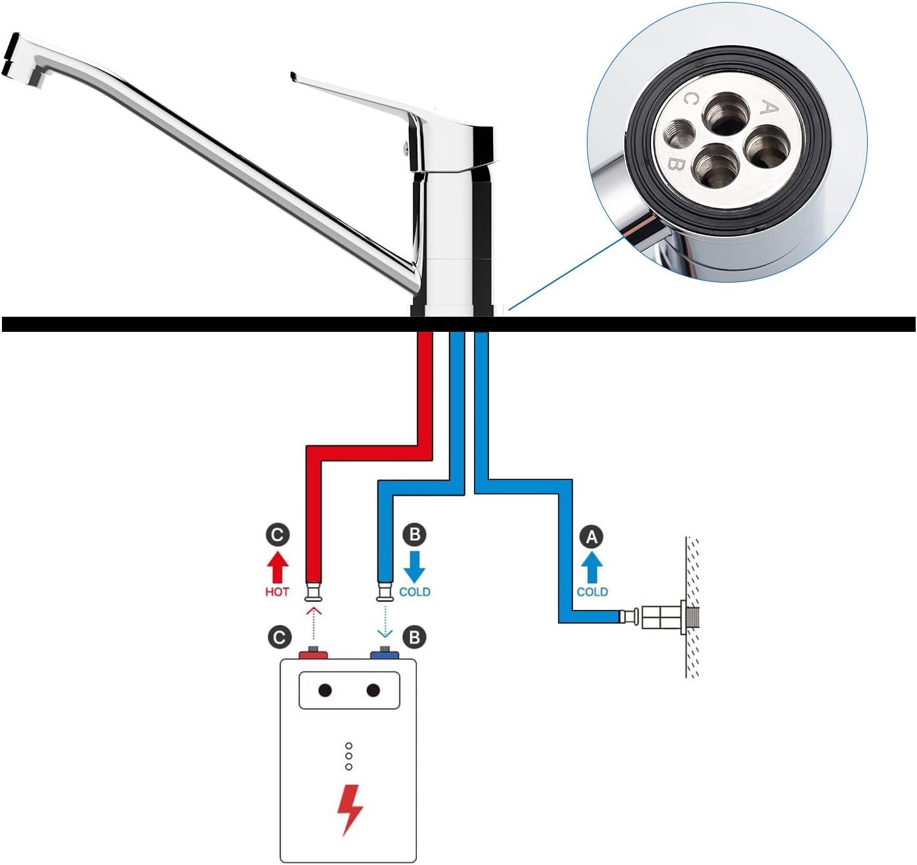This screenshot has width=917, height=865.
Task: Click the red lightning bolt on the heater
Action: [x=349, y=809]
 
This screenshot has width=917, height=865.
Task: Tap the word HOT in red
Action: [x=277, y=592]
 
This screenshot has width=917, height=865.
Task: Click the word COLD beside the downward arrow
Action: [x=415, y=592]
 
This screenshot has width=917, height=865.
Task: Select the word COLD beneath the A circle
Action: [x=592, y=592]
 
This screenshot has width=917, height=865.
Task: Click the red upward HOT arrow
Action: [x=277, y=567]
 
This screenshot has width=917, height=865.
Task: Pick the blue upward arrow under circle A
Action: [x=592, y=567]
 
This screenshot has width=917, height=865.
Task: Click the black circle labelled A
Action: [x=592, y=537]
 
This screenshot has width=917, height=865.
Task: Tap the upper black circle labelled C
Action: [x=277, y=534]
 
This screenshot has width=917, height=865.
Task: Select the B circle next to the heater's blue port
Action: [x=414, y=637]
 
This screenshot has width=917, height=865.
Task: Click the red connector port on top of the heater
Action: [x=314, y=654]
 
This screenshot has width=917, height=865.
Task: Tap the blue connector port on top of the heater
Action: [x=384, y=654]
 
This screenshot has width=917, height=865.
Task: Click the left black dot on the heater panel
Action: [x=325, y=690]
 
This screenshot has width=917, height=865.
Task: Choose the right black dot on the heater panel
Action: [x=373, y=690]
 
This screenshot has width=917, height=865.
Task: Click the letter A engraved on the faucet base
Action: [x=769, y=108]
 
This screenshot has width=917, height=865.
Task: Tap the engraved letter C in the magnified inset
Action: [x=690, y=100]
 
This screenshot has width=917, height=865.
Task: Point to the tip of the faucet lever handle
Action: [x=293, y=77]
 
